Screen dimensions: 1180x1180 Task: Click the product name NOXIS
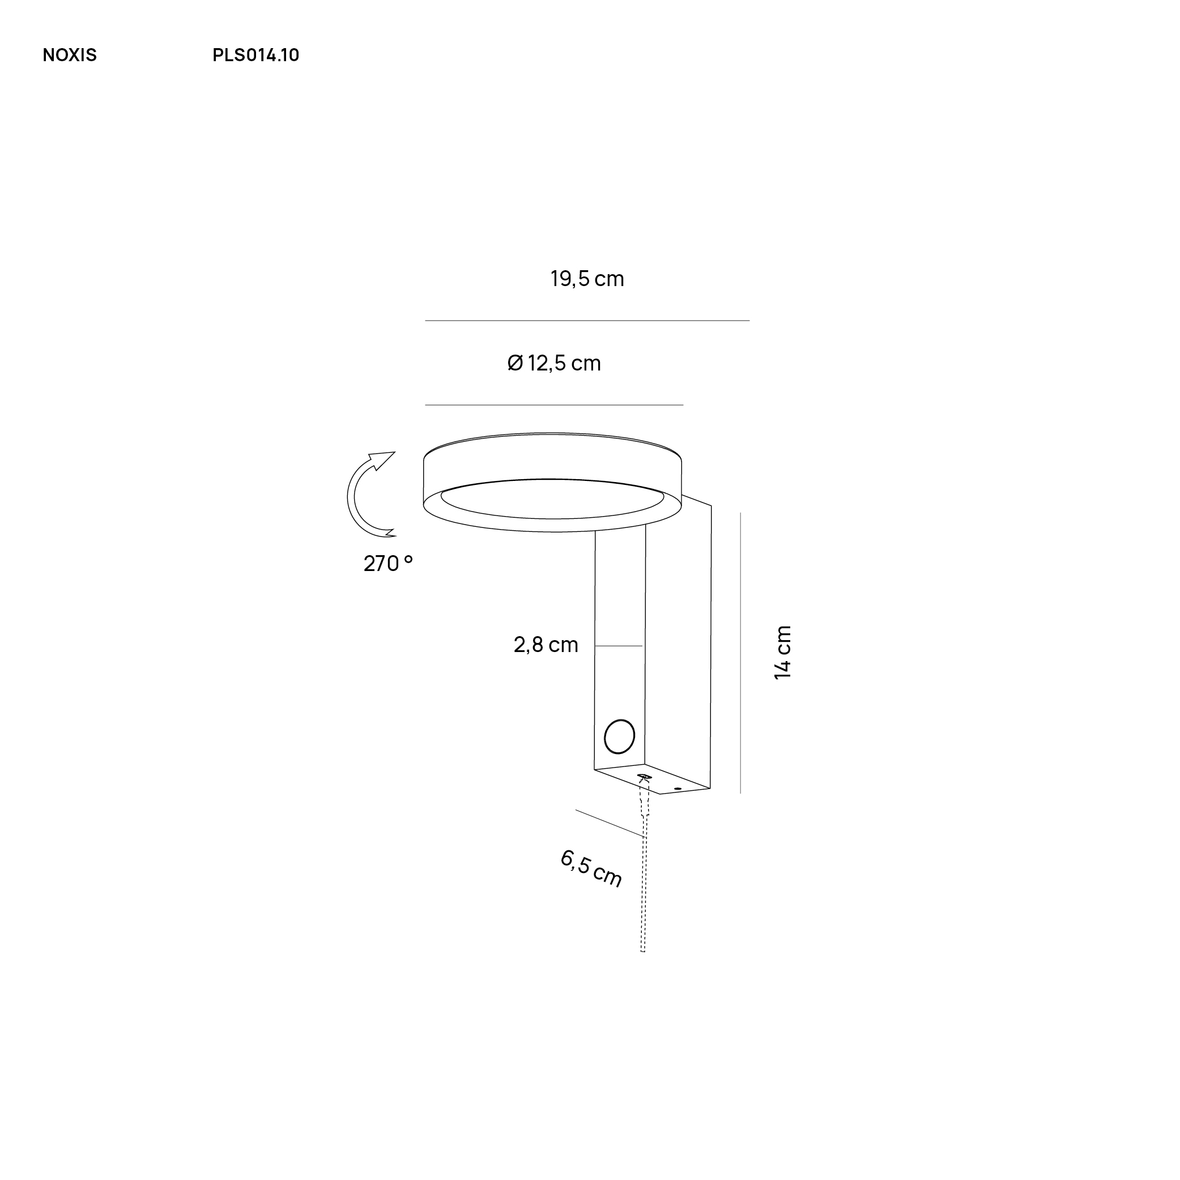coord(70,56)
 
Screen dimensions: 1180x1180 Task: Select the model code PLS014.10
coord(255,56)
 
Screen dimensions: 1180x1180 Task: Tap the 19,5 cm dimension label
coord(587,279)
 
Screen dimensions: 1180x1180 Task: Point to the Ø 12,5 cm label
coord(555,364)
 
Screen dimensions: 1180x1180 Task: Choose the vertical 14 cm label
coord(782,652)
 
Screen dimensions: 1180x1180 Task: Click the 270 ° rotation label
coord(389,563)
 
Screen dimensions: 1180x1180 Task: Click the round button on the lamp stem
coord(619,736)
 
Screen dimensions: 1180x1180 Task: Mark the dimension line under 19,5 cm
coord(587,321)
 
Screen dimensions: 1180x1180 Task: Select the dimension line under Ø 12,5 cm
coord(554,405)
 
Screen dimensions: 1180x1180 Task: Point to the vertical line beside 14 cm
coord(740,653)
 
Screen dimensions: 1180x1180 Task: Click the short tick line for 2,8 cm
coord(619,646)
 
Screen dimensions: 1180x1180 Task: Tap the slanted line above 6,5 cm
coord(610,823)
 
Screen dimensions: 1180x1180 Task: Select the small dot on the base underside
coord(678,789)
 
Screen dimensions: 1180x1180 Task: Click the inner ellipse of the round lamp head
coord(552,499)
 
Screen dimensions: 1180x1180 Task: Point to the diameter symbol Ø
coord(516,364)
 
